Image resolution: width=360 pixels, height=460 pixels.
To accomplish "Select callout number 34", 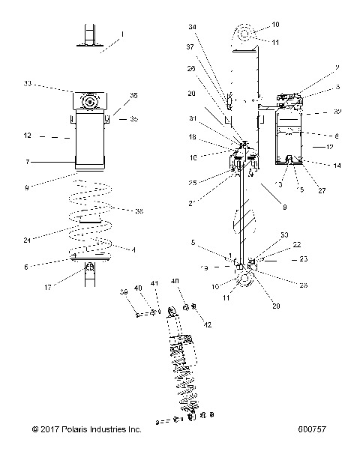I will (193, 27).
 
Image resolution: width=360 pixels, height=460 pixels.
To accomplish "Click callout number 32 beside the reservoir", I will (337, 112).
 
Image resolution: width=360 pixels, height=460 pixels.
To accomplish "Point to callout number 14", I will (337, 165).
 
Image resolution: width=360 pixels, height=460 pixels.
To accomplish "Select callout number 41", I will (156, 283).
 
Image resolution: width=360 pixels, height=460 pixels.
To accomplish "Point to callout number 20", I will (192, 94).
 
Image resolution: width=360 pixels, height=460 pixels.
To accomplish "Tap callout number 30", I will (284, 235).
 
